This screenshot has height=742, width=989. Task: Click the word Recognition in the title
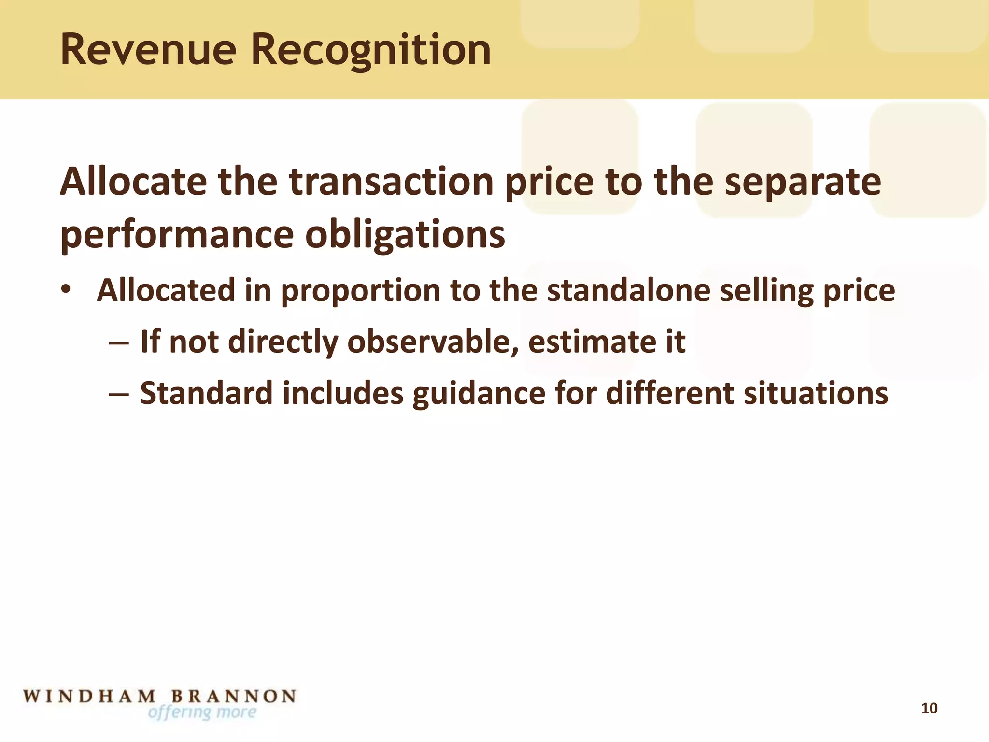point(371,51)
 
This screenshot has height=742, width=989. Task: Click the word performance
point(177,235)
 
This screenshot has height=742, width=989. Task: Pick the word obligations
point(405,235)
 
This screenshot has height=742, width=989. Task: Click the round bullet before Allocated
point(66,290)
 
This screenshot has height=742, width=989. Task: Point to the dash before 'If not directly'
point(119,342)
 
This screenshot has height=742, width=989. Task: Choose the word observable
point(433,342)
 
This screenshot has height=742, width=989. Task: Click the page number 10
point(929,708)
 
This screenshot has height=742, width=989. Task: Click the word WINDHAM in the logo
point(90,697)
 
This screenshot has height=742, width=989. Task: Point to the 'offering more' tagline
point(202,713)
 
